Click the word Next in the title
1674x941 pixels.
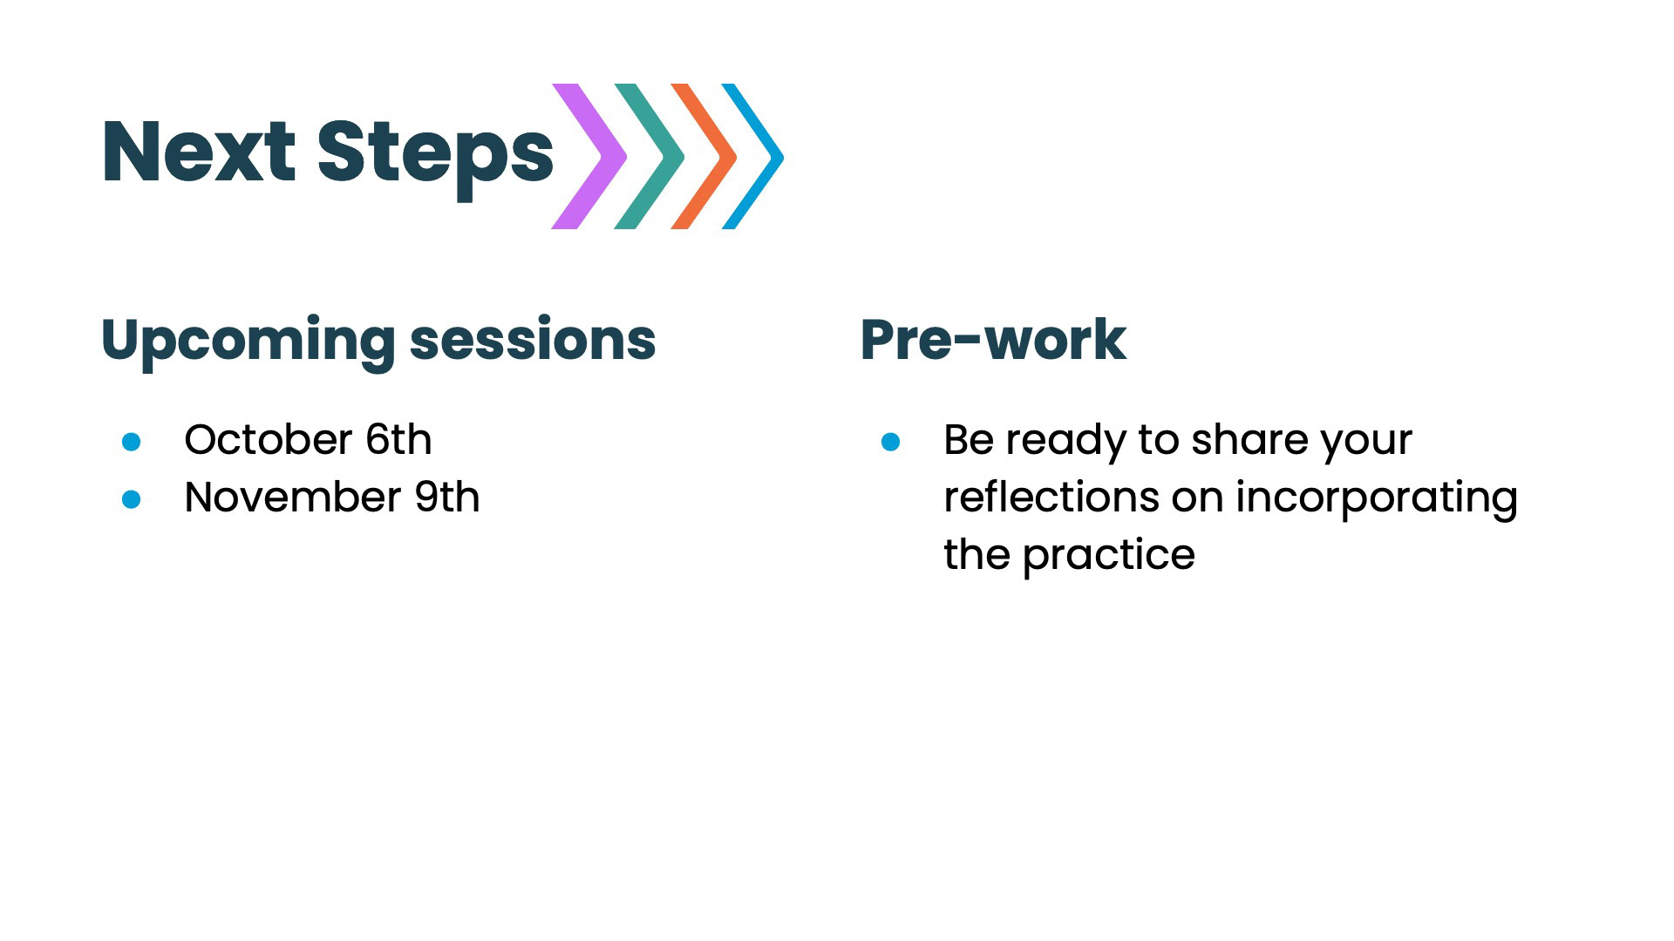[x=199, y=152]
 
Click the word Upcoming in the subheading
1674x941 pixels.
[x=248, y=342]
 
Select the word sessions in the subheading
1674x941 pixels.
[x=533, y=340]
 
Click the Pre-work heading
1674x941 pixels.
[x=993, y=339]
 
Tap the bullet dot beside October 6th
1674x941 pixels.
[x=132, y=442]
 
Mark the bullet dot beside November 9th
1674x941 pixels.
[x=132, y=499]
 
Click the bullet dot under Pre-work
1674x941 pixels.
[x=890, y=442]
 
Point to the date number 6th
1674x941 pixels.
[x=398, y=439]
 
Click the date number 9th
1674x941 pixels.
[x=447, y=497]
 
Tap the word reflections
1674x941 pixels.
[x=1051, y=497]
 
